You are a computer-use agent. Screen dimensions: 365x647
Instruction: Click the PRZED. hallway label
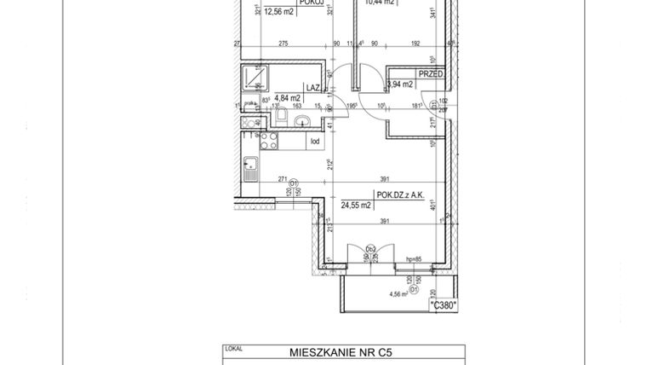click(x=431, y=74)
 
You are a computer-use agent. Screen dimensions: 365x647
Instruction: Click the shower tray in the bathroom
click(x=253, y=79)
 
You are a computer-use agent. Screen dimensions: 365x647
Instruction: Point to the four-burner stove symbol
click(x=270, y=140)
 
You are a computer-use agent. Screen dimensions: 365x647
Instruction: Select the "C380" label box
click(x=444, y=304)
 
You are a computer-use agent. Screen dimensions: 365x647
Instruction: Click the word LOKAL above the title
click(x=232, y=347)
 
